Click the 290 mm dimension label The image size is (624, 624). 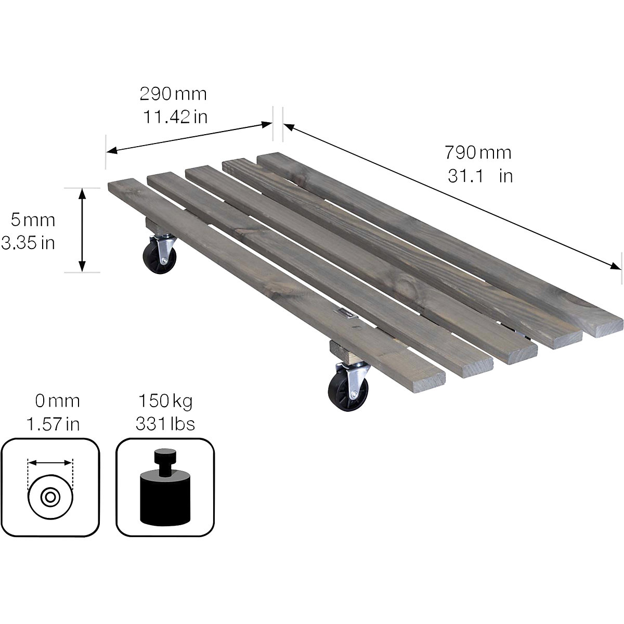point(173,94)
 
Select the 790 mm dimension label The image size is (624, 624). point(477,152)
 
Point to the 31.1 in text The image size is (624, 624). point(479,176)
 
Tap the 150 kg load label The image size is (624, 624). point(165,401)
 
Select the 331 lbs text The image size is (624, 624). point(165,424)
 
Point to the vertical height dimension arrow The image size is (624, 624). point(82,229)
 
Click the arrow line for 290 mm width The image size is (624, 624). point(189,138)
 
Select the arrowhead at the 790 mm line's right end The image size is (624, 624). point(615,266)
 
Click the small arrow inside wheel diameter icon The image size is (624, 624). point(50,462)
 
